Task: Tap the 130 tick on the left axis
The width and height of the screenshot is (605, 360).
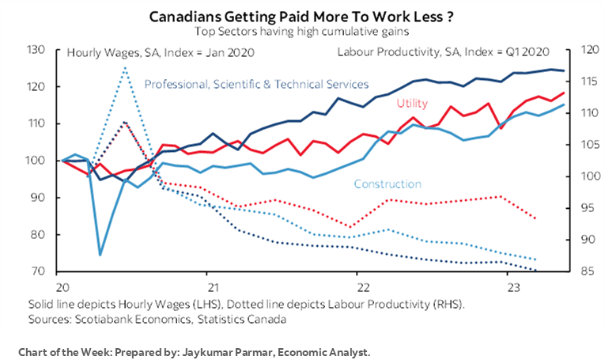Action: click(35, 50)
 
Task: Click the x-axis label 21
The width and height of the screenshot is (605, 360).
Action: click(211, 286)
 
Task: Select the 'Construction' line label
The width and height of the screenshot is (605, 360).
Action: click(388, 184)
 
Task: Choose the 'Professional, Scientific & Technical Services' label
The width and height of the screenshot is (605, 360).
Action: click(257, 84)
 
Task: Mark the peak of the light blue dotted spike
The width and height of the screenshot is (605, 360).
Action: click(125, 68)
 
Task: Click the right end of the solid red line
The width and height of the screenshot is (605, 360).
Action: click(564, 93)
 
